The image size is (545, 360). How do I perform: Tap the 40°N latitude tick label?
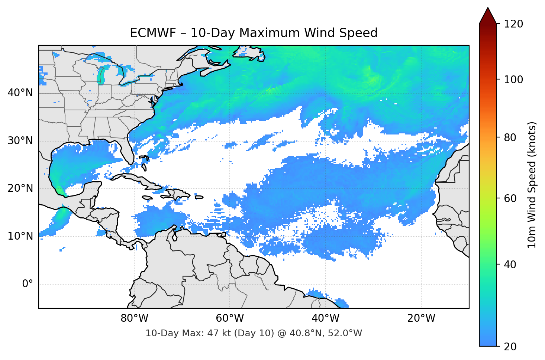click(x=20, y=93)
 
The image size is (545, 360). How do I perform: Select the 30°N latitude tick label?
click(x=20, y=141)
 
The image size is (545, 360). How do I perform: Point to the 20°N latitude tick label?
click(x=20, y=188)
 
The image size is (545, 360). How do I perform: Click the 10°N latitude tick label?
click(x=20, y=236)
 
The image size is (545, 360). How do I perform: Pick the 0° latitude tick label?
click(x=28, y=284)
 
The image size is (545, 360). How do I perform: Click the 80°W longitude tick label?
click(x=134, y=318)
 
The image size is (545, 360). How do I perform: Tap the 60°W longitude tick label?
click(x=230, y=318)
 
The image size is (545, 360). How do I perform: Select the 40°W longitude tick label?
click(x=325, y=318)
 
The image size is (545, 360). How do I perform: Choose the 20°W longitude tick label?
click(x=421, y=318)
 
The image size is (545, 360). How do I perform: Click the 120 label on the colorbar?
click(x=513, y=24)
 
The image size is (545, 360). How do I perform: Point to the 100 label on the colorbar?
click(x=513, y=80)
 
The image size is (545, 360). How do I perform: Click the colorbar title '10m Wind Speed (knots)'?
click(x=532, y=185)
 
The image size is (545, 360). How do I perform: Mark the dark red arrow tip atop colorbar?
click(x=488, y=14)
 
